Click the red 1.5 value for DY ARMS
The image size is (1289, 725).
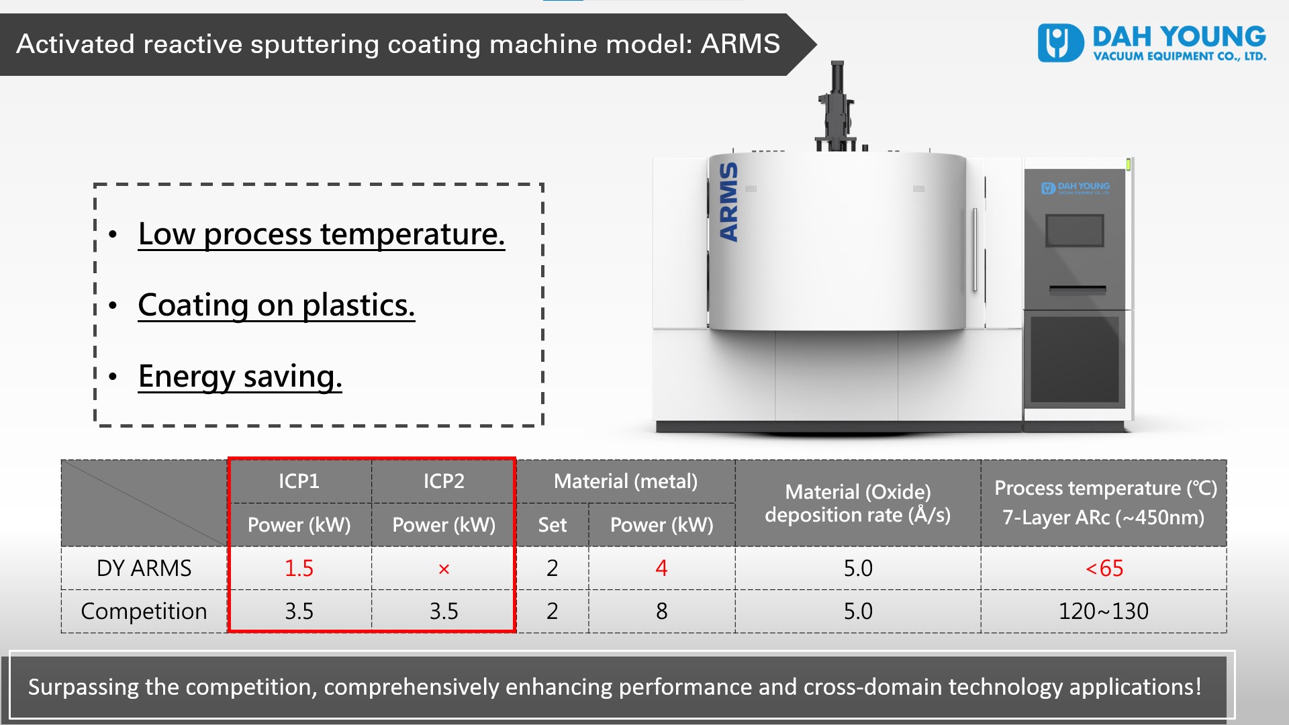[x=299, y=569]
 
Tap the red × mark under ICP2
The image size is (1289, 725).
[x=444, y=569]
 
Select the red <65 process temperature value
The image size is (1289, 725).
[x=1104, y=569]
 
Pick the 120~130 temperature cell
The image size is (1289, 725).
[x=1103, y=612]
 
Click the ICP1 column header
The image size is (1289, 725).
[x=299, y=481]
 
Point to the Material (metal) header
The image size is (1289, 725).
[x=626, y=481]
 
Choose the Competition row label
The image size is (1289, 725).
[x=144, y=612]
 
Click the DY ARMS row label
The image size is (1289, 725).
[x=144, y=569]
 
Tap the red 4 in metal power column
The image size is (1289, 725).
[x=661, y=569]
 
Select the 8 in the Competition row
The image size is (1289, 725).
[x=661, y=612]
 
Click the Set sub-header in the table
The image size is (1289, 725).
[x=552, y=525]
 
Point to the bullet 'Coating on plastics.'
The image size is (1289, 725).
[x=277, y=305]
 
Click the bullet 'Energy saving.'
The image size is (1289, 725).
[x=240, y=377]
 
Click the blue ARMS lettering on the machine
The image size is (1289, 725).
[x=728, y=201]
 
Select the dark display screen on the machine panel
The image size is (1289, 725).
[x=1075, y=230]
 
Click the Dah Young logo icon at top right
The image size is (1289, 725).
[x=1060, y=43]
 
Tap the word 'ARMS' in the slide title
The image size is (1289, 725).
[x=741, y=44]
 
